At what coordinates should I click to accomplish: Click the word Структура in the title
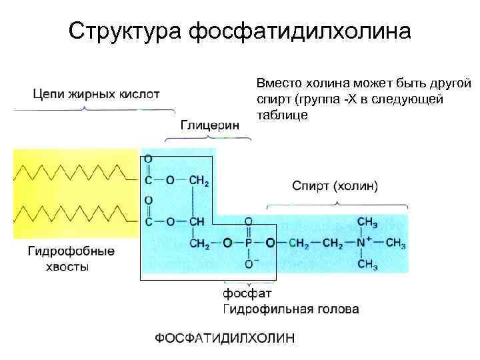(x=125, y=31)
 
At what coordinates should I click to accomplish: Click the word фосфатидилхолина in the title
(x=300, y=31)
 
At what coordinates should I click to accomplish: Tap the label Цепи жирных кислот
(x=97, y=94)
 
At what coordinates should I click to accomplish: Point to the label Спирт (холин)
(x=335, y=185)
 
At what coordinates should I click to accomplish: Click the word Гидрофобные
(x=71, y=251)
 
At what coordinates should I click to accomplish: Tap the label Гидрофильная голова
(x=290, y=309)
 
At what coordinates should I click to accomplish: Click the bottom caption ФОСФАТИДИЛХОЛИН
(x=224, y=338)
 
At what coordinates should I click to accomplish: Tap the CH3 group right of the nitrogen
(x=395, y=243)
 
